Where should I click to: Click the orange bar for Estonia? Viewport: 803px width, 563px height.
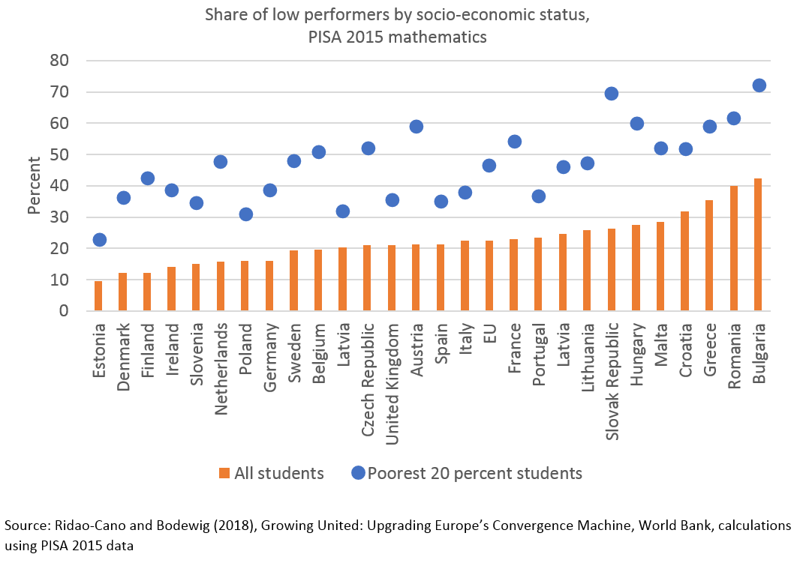[x=98, y=296]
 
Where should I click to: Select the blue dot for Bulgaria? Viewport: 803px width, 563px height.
[x=759, y=85]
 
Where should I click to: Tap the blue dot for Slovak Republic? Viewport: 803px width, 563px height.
[x=612, y=94]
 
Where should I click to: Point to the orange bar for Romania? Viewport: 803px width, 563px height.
[x=734, y=248]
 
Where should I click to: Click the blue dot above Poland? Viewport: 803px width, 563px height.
[x=245, y=214]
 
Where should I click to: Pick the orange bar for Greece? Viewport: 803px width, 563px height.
[x=709, y=256]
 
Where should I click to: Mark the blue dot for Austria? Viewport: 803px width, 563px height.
[x=417, y=127]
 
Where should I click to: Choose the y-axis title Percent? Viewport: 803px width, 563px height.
[x=35, y=185]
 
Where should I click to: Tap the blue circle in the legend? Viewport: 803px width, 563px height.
[x=357, y=473]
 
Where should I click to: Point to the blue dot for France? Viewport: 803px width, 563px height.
[x=514, y=142]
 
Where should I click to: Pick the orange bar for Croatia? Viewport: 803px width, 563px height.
[x=685, y=261]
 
